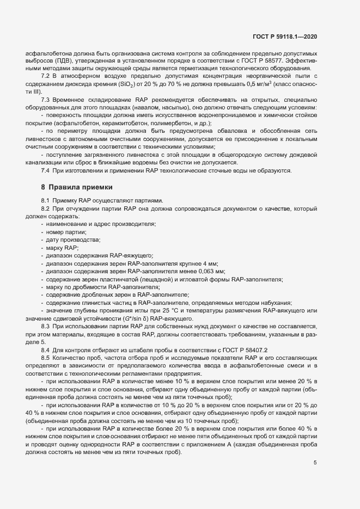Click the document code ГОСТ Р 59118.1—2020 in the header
pos(285,36)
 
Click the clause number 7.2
pos(46,76)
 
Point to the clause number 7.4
pos(46,171)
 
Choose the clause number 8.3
pos(46,326)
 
